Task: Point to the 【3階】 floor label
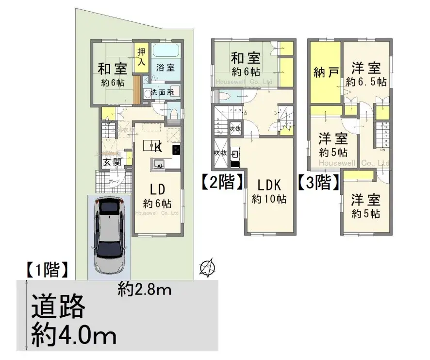coord(318,183)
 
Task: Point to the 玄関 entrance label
coord(114,162)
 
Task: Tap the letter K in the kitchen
coord(158,148)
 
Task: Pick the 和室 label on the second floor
coord(246,58)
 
